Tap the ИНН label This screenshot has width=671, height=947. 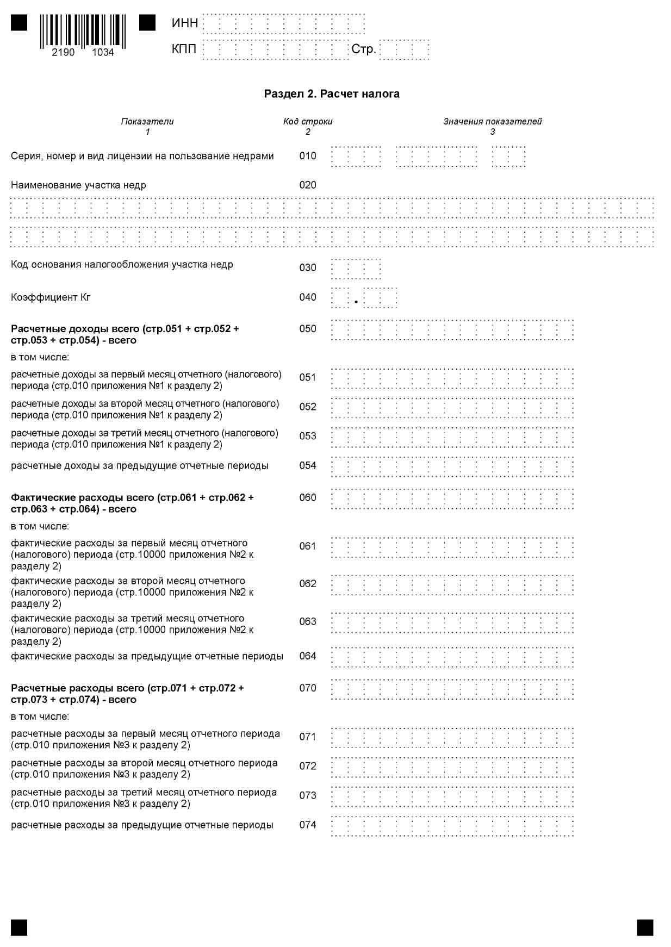pyautogui.click(x=185, y=23)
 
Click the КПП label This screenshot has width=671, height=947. pyautogui.click(x=184, y=49)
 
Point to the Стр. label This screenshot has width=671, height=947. pyautogui.click(x=363, y=49)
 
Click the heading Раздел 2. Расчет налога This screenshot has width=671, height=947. pyautogui.click(x=332, y=94)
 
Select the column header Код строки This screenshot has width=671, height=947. pyautogui.click(x=308, y=121)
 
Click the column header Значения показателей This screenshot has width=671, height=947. pyautogui.click(x=492, y=121)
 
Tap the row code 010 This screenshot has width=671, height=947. pyautogui.click(x=308, y=156)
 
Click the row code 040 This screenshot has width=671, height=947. pyautogui.click(x=308, y=297)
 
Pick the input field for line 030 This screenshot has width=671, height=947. pyautogui.click(x=356, y=269)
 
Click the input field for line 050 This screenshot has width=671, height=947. pyautogui.click(x=452, y=330)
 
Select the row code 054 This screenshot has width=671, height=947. pyautogui.click(x=308, y=465)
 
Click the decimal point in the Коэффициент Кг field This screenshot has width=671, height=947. pyautogui.click(x=356, y=302)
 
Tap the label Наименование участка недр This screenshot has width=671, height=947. pyautogui.click(x=78, y=185)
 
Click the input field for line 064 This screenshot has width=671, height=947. pyautogui.click(x=452, y=657)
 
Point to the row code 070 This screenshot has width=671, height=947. pyautogui.click(x=308, y=688)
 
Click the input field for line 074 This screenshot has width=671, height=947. pyautogui.click(x=452, y=826)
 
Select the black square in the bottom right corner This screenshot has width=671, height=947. pyautogui.click(x=645, y=927)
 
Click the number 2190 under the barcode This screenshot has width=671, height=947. pyautogui.click(x=63, y=52)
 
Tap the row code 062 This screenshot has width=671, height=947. pyautogui.click(x=308, y=584)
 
